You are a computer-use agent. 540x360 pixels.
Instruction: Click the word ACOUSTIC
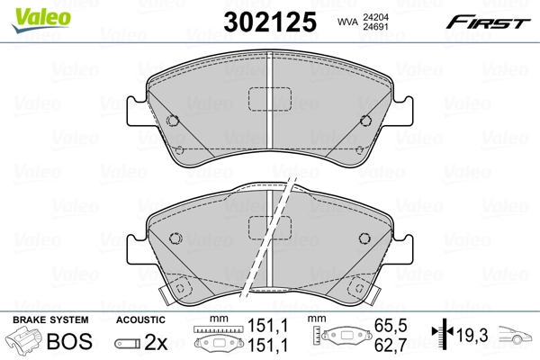coord(140,319)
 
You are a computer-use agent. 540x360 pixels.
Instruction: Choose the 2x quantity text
coord(156,342)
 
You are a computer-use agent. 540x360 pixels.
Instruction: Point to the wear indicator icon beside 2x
coord(127,342)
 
